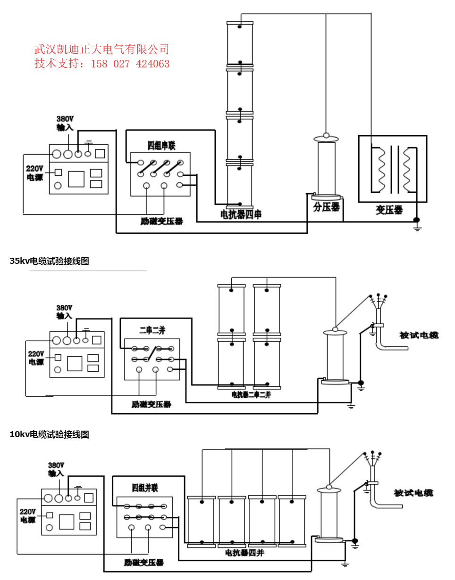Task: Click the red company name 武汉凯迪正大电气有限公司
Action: (x=101, y=49)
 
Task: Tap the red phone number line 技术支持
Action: (x=101, y=64)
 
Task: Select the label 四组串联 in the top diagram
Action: (x=161, y=146)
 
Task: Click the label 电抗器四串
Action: (x=241, y=215)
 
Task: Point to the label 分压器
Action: (x=326, y=207)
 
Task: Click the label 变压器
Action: (x=389, y=210)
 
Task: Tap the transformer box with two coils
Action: (x=392, y=169)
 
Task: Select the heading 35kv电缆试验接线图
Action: (x=49, y=261)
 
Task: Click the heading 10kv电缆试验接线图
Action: (x=49, y=434)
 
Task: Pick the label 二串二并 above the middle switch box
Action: (x=152, y=330)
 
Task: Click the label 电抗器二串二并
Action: (x=251, y=395)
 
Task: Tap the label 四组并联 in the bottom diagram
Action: (x=144, y=488)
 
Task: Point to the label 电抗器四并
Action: (x=244, y=553)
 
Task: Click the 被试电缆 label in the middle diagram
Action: (x=419, y=335)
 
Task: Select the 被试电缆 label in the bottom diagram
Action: (x=413, y=493)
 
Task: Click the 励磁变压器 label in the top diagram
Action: (x=161, y=221)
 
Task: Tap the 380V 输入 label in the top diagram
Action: (x=65, y=123)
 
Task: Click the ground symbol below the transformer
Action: (x=417, y=228)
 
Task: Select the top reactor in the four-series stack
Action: (x=240, y=43)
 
